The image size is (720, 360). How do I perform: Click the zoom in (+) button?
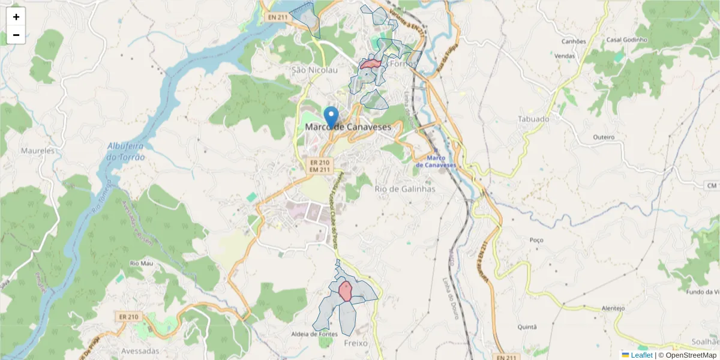point(16,17)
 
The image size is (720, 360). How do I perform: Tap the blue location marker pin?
point(331,116)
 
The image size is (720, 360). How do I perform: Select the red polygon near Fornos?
point(371,64)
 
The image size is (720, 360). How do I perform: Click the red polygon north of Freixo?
point(345,291)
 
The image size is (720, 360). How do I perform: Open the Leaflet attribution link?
point(641,355)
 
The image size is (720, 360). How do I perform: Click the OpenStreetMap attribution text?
point(691,355)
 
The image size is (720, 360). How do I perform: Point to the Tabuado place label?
point(533,119)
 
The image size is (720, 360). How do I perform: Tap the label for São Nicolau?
point(314,70)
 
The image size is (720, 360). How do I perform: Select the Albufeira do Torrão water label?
point(126,151)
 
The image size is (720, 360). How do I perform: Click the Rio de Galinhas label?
point(404,189)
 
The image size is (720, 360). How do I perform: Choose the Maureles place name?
point(37,151)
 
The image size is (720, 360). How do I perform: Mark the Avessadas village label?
point(140,350)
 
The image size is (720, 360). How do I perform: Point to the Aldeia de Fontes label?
point(331,334)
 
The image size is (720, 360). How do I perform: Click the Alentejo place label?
point(613,308)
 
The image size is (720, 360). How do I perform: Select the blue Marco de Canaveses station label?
point(436,161)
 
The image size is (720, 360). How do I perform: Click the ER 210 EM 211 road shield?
point(320,166)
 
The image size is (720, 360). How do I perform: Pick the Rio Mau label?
point(142,263)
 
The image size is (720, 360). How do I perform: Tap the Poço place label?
point(536,240)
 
